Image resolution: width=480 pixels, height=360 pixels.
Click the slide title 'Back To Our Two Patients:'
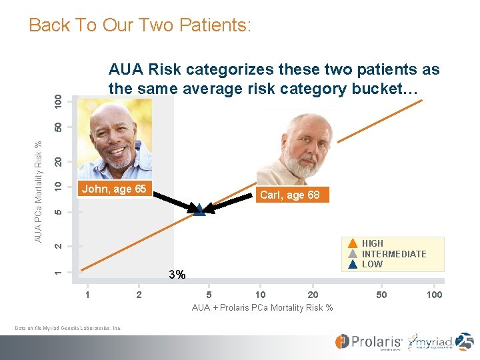140,26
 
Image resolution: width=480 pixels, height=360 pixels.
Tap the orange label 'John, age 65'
113,189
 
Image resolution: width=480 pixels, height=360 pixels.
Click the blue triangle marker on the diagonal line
199,209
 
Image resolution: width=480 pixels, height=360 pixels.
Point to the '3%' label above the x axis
177,274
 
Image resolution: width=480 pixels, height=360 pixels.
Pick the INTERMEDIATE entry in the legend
393,254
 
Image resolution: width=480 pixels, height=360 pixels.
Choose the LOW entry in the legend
372,264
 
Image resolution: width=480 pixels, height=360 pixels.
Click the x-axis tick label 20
313,295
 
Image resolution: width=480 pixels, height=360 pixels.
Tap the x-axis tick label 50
381,295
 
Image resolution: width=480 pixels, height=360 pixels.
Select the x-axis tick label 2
139,295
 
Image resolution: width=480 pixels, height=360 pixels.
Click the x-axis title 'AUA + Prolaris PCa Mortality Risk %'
263,307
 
